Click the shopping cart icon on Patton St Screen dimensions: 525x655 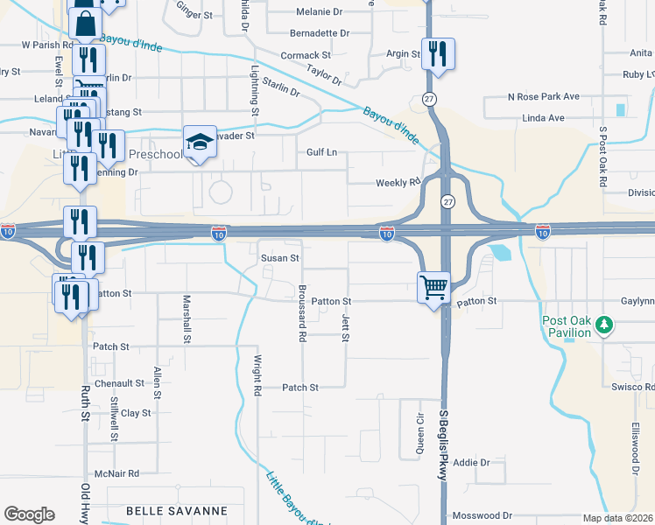(434, 286)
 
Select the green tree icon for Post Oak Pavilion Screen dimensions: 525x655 (602, 325)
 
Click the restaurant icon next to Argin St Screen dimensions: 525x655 (437, 54)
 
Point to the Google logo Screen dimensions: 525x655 (29, 514)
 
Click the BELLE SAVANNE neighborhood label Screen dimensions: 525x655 (177, 510)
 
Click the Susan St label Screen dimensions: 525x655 (280, 258)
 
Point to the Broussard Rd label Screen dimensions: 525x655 (301, 312)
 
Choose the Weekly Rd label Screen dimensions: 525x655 (398, 183)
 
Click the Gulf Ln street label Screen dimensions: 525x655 (321, 152)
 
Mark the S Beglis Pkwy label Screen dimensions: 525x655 (443, 443)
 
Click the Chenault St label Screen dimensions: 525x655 (120, 383)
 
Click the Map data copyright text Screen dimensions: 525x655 (618, 518)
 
